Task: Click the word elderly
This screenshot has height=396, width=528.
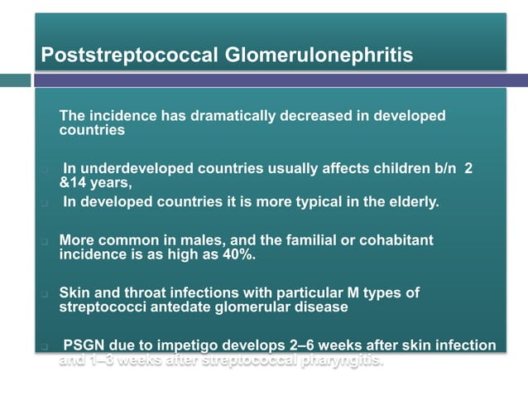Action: coord(414,202)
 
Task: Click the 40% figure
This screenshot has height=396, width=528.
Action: coord(238,254)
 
